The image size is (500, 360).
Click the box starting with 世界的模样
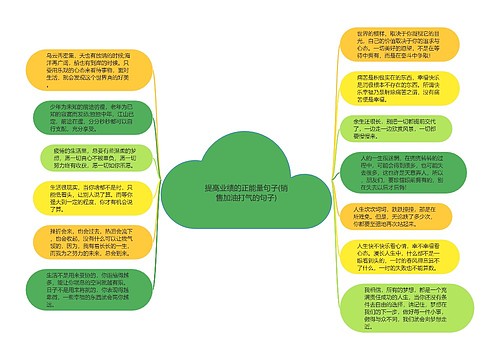[x=391, y=54]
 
